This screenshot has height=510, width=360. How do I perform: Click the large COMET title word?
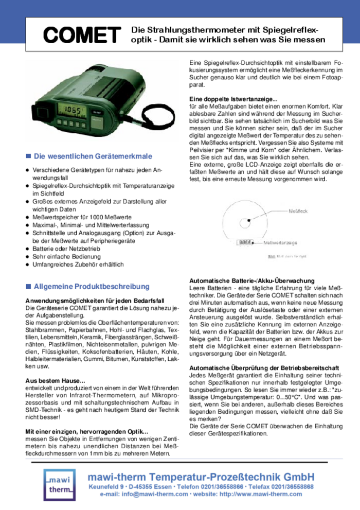82,35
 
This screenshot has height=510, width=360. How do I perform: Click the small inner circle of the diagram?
246,223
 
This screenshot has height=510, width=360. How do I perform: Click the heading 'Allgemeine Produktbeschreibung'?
92,286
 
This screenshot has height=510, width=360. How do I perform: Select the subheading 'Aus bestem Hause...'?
56,380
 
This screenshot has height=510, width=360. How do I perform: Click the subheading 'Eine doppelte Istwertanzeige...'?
233,99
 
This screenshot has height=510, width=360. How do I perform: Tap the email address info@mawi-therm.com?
154,495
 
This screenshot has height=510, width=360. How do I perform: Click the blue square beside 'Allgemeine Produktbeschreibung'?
29,286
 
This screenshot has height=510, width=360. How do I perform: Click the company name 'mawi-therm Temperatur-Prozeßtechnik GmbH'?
201,477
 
